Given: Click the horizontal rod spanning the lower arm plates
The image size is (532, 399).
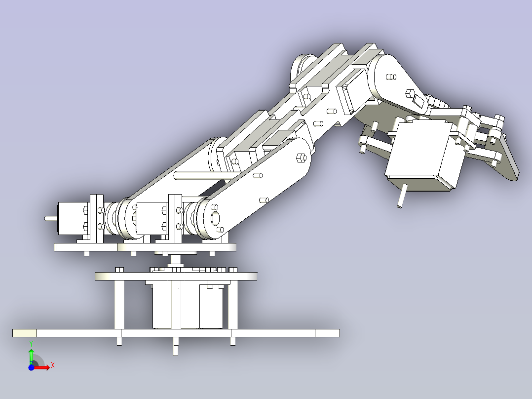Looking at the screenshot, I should [197, 174].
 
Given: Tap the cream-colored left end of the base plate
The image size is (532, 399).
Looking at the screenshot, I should [24, 333].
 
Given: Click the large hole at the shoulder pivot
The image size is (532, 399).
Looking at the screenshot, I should [216, 218].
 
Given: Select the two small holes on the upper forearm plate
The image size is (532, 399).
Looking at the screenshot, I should [390, 77].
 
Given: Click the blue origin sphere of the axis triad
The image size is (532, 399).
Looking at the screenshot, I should [31, 367].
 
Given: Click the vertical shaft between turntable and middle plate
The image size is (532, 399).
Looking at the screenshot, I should [175, 261].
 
